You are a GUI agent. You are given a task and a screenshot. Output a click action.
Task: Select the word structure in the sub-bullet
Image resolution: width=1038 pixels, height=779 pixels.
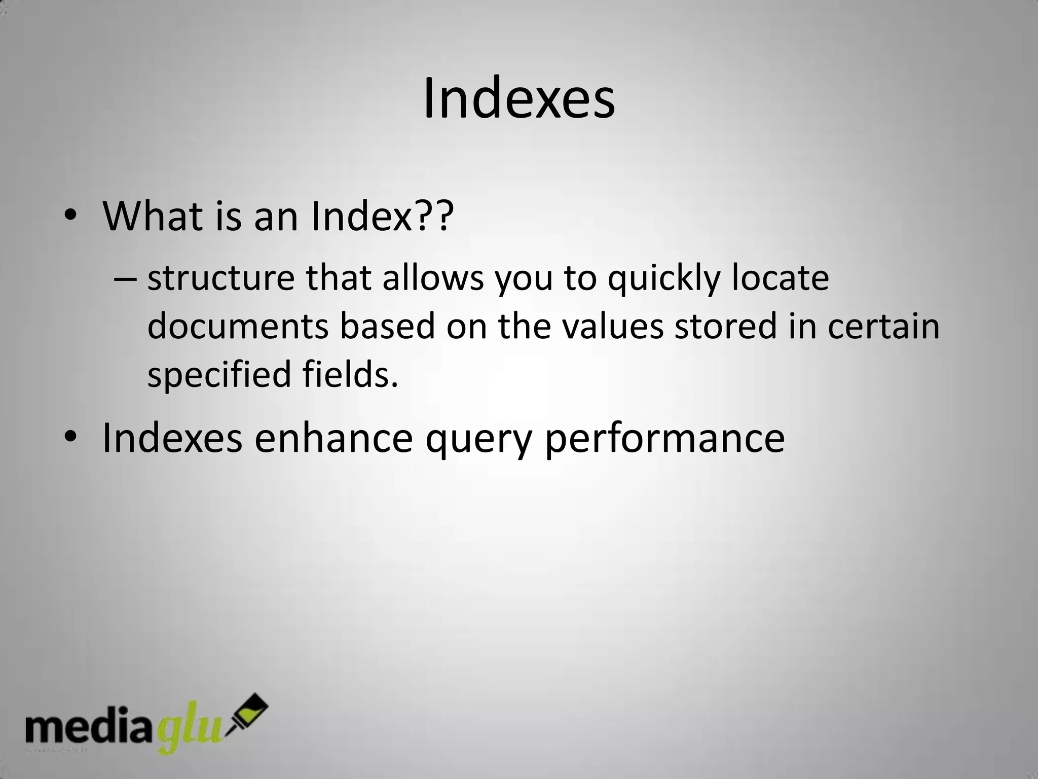(220, 279)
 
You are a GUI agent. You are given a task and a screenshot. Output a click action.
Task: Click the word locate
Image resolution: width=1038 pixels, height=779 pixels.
(780, 279)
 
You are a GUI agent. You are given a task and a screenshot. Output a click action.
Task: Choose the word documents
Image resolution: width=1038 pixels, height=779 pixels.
(238, 326)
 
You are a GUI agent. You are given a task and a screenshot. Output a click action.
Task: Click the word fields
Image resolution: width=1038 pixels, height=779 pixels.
(350, 374)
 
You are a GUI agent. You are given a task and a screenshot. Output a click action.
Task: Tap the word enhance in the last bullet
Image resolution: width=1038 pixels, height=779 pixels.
(333, 438)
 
